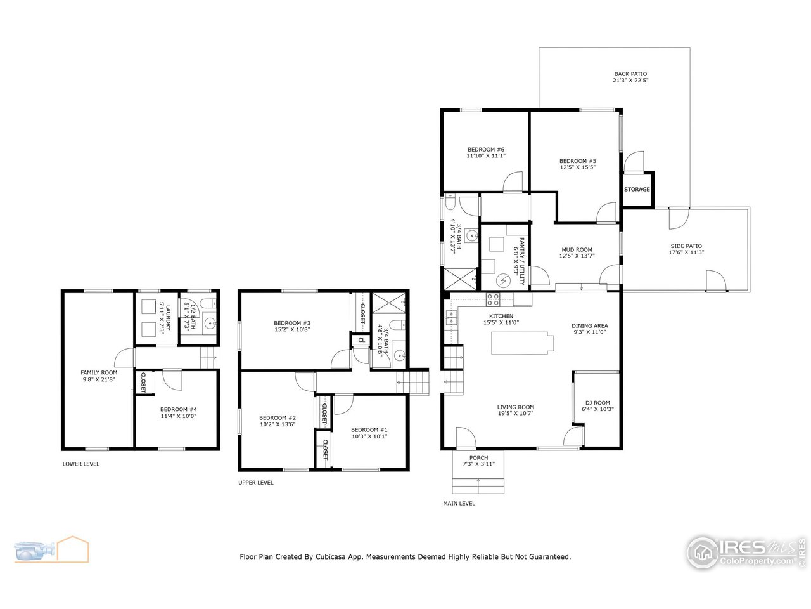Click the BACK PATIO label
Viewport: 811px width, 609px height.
point(630,74)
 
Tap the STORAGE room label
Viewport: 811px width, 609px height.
point(637,190)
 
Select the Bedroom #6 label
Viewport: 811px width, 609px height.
point(485,149)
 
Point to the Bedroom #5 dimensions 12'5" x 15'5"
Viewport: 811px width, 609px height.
point(578,167)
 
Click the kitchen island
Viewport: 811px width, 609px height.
point(521,344)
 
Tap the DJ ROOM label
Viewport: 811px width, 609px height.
point(597,402)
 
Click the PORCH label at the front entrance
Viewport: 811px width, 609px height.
point(478,457)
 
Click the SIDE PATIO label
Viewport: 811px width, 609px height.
point(686,246)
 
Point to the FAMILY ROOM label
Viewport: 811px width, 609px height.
point(99,372)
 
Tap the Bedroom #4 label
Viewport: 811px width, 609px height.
point(179,409)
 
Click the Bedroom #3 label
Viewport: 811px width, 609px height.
point(292,322)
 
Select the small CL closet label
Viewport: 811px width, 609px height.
point(361,340)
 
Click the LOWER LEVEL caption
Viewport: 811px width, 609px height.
point(80,464)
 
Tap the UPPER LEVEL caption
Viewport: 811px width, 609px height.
point(256,482)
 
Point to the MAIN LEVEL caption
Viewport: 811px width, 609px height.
point(459,503)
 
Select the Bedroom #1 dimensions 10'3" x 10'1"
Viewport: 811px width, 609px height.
point(369,436)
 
